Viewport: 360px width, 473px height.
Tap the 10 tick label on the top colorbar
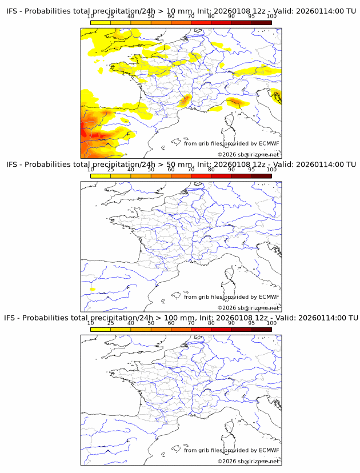(x=91, y=17)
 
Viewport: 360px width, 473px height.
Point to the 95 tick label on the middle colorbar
(x=251, y=170)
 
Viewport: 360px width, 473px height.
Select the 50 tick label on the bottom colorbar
(x=151, y=323)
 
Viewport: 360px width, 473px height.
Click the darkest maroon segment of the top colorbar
(x=261, y=22)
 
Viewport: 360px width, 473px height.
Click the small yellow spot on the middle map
(x=92, y=290)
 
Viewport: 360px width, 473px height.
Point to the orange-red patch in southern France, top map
(x=185, y=102)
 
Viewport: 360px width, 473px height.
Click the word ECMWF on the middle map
(x=269, y=297)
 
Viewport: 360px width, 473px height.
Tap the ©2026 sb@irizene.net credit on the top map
(x=248, y=155)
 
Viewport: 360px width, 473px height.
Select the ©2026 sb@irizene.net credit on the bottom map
(x=248, y=461)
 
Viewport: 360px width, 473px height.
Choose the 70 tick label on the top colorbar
(x=191, y=17)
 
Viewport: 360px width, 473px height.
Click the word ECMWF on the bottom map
(x=269, y=450)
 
